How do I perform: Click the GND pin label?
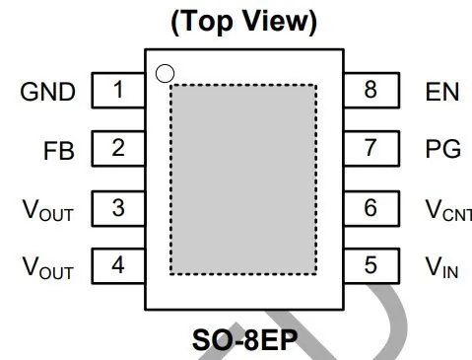click(x=48, y=92)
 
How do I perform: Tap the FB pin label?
click(x=59, y=151)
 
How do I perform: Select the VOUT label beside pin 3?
click(x=48, y=210)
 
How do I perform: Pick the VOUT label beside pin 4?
click(x=48, y=267)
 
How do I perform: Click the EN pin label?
click(x=442, y=92)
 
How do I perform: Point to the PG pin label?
click(x=443, y=149)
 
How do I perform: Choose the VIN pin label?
click(x=441, y=267)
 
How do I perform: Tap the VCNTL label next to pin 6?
click(x=448, y=210)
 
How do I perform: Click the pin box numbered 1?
click(x=118, y=90)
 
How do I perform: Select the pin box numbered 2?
click(x=118, y=149)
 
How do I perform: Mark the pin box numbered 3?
click(x=118, y=208)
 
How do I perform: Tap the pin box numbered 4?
click(x=118, y=266)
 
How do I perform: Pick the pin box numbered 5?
click(x=371, y=266)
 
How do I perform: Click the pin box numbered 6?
click(x=371, y=208)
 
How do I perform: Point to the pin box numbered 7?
click(x=371, y=149)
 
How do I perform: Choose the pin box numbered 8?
click(x=371, y=90)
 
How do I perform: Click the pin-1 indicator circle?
click(x=165, y=65)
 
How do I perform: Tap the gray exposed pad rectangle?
click(x=243, y=180)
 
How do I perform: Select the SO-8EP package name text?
click(x=245, y=340)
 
